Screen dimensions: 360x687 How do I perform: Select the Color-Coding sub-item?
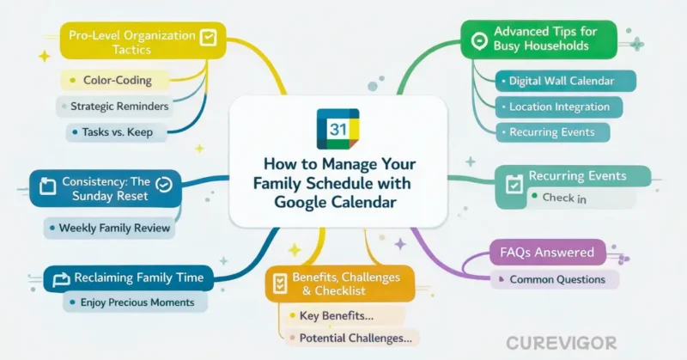(117, 81)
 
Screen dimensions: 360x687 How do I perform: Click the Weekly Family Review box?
(115, 229)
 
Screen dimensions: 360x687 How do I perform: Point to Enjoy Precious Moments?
(137, 302)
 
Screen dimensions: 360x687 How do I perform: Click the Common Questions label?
(557, 279)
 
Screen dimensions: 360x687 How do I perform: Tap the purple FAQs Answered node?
(546, 253)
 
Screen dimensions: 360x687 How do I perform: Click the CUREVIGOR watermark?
(561, 343)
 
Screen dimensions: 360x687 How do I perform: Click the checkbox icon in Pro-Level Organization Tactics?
(208, 37)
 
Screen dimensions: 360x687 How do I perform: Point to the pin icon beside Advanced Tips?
(477, 39)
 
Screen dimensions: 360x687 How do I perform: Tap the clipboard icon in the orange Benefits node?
(278, 283)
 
